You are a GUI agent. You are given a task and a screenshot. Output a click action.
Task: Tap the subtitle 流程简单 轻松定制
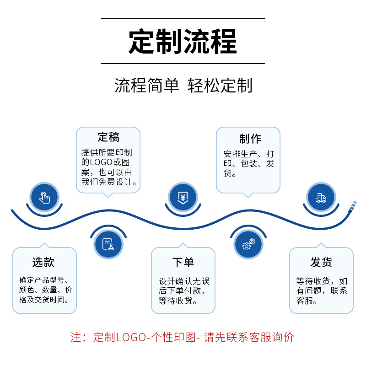point(183,86)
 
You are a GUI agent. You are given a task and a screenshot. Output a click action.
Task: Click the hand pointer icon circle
point(44,198)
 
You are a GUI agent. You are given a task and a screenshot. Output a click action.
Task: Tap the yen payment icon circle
point(183,198)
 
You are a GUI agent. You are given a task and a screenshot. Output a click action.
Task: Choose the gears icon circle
point(248,244)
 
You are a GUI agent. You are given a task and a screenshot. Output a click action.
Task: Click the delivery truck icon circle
point(321,198)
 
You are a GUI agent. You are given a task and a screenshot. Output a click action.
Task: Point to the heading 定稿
point(108,137)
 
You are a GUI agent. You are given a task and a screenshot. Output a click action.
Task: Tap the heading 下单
point(183,262)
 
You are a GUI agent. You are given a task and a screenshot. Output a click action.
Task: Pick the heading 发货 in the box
point(321,262)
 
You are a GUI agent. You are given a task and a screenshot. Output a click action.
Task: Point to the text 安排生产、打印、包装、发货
point(249,163)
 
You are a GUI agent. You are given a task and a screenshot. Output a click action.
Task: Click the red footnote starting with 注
point(182,338)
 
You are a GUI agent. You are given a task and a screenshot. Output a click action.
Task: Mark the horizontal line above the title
point(183,19)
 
